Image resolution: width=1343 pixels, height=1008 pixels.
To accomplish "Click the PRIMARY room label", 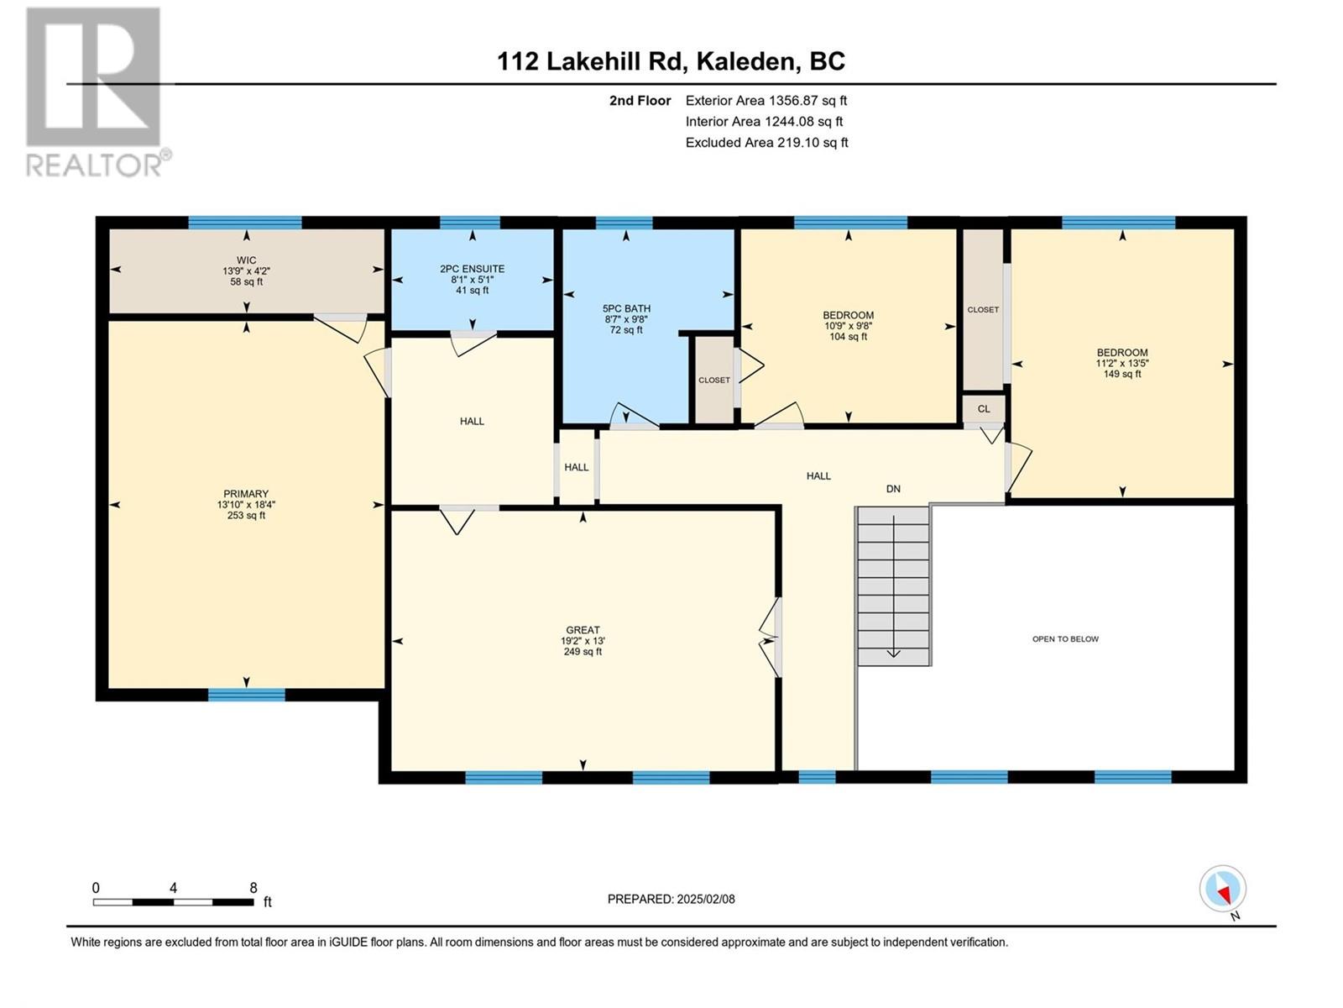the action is pos(246,494).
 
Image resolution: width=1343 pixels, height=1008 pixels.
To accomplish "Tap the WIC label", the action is pos(247,260).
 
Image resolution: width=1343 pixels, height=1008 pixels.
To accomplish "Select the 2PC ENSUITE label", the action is pos(473,269).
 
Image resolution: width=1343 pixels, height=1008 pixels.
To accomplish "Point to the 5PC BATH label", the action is pos(626,308).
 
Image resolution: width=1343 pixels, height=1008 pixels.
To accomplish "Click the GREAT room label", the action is pos(583,630).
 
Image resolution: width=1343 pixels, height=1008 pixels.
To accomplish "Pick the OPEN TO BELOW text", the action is pos(1065,639).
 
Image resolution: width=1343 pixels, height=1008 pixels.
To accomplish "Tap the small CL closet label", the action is pos(983,409).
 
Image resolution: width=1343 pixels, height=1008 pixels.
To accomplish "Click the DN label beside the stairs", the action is pos(893,488).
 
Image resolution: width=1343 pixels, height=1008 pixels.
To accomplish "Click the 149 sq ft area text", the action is pos(1122,373).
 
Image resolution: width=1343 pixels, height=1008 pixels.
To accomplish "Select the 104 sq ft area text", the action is pos(848,336).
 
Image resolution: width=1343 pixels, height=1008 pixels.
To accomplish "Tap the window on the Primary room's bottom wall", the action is pos(246,695).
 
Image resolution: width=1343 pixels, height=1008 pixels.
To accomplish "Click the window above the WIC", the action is pos(245,223).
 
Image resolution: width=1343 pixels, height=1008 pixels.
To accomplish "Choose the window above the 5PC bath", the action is pos(624,223).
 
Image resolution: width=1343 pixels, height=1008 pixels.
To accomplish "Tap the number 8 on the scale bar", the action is pos(253,887).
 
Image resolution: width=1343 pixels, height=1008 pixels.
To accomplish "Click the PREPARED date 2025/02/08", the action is pos(705,899).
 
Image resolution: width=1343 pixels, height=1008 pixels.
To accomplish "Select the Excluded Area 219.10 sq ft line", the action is pos(766,143).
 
